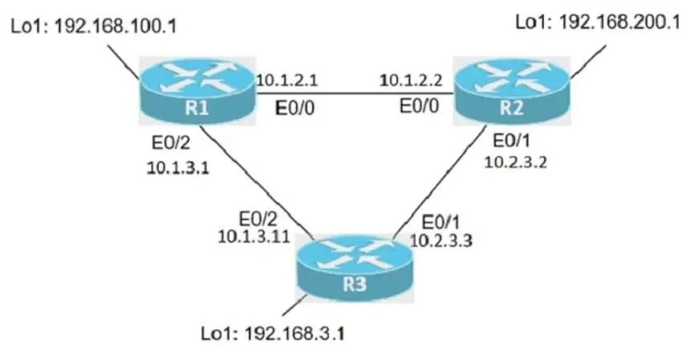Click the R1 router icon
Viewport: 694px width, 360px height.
pyautogui.click(x=197, y=91)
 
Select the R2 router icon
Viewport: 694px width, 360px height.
pyautogui.click(x=512, y=91)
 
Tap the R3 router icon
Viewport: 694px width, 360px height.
pyautogui.click(x=355, y=269)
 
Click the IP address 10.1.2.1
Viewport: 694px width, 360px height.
pyautogui.click(x=286, y=80)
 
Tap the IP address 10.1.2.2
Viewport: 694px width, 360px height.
pyautogui.click(x=411, y=80)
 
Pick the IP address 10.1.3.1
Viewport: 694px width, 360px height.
pyautogui.click(x=178, y=168)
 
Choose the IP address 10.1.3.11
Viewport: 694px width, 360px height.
pyautogui.click(x=254, y=237)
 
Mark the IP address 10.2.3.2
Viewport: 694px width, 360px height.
pyautogui.click(x=516, y=162)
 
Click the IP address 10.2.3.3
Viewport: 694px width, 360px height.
pyautogui.click(x=441, y=241)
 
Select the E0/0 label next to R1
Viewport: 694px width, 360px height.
pyautogui.click(x=294, y=107)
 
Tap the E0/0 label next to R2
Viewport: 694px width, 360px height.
pyautogui.click(x=419, y=106)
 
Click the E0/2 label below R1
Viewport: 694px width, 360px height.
pyautogui.click(x=171, y=143)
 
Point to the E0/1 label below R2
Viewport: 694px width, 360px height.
pyautogui.click(x=512, y=141)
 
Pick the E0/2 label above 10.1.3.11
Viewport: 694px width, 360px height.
pyautogui.click(x=258, y=219)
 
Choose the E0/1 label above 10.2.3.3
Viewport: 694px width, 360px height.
pyautogui.click(x=440, y=222)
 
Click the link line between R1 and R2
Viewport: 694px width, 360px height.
pyautogui.click(x=355, y=93)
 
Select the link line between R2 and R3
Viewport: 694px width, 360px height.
pyautogui.click(x=440, y=181)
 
